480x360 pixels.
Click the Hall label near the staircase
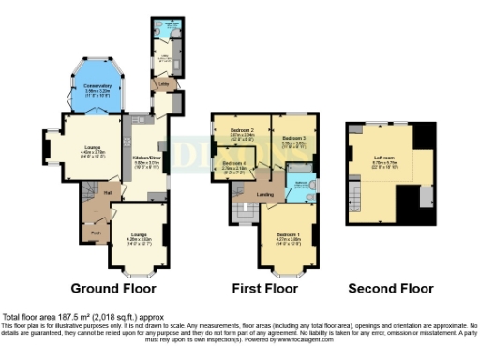click(x=109, y=193)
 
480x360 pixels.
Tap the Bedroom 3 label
click(x=295, y=140)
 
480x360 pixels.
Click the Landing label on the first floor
click(x=264, y=195)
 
